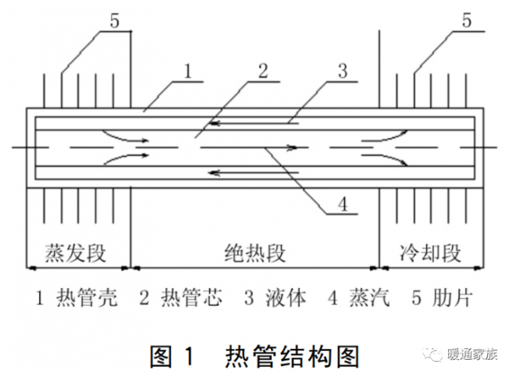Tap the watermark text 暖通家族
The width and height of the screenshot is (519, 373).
point(473,353)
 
